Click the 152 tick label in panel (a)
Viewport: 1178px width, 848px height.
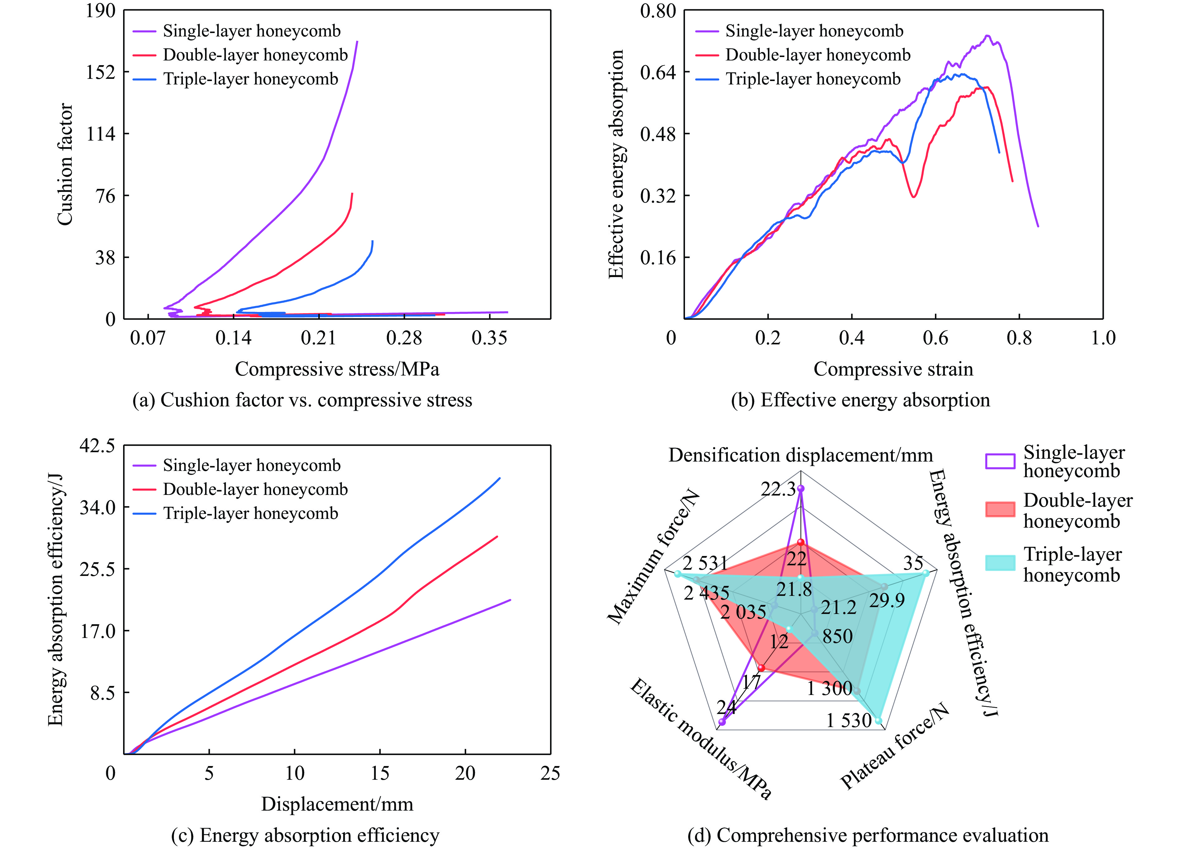click(100, 72)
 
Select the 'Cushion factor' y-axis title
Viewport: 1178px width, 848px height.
click(65, 164)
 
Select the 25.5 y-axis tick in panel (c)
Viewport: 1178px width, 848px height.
click(97, 569)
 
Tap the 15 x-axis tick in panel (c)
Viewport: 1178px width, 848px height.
click(380, 773)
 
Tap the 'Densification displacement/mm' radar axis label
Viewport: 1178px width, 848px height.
click(800, 455)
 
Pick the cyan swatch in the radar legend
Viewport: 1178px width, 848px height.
click(999, 563)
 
